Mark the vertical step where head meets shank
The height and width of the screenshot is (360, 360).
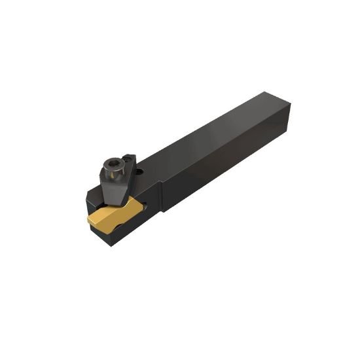[x=159, y=196]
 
